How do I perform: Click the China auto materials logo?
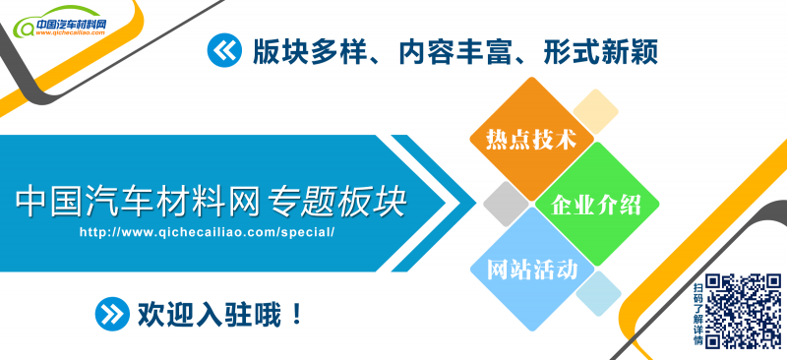pos(69,22)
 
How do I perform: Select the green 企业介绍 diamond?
pos(596,204)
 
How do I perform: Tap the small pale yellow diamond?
pos(594,111)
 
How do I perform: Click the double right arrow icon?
pos(112,315)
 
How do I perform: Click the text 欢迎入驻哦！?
pos(220,315)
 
